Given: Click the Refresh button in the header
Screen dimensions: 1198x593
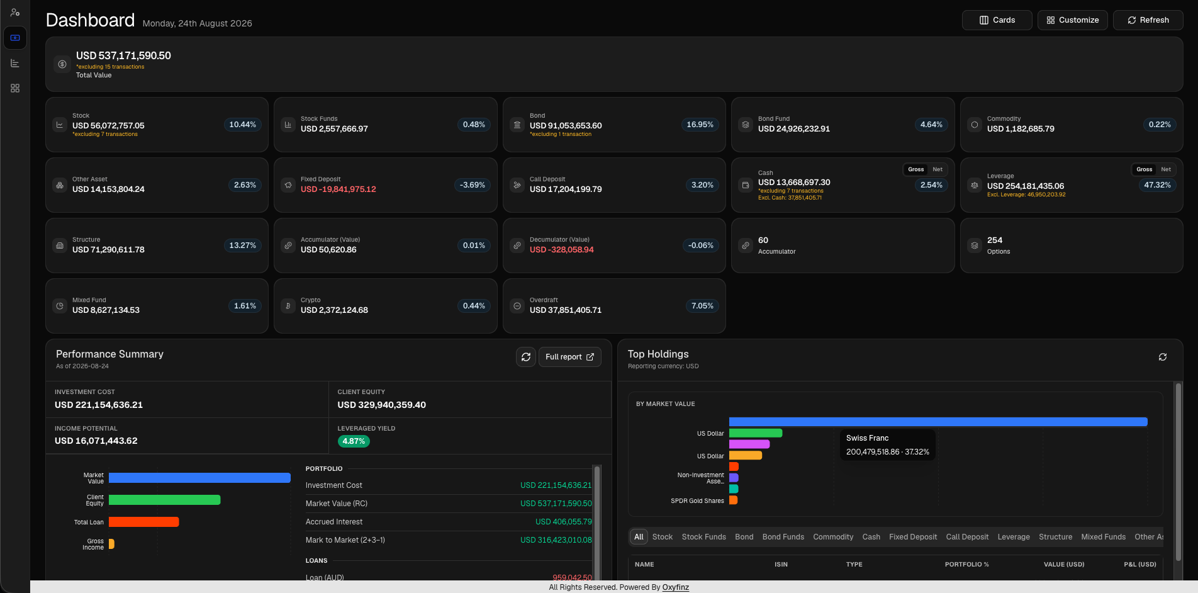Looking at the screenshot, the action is [x=1148, y=20].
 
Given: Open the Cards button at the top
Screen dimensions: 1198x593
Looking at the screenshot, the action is [x=997, y=20].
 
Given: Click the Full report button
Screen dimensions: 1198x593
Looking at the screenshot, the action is [x=569, y=357].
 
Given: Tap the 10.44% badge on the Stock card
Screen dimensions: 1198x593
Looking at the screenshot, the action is [x=242, y=125].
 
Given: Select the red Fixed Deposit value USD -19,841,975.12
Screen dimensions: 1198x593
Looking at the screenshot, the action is [x=339, y=189].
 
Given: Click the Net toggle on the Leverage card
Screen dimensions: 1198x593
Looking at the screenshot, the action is [x=1166, y=169].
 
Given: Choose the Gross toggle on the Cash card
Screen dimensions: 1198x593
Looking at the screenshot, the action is [x=916, y=169].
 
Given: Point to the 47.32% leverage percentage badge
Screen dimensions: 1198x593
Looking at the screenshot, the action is [x=1157, y=185].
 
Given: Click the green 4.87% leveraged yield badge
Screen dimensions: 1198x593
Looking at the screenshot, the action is [x=354, y=441].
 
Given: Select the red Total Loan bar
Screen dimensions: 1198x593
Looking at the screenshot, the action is [x=143, y=522].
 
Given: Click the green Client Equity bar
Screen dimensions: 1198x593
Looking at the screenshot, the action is [x=164, y=500].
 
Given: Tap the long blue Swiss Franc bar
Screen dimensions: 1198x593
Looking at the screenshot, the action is [x=938, y=422].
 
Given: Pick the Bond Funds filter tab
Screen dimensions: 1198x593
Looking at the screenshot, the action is [x=783, y=537].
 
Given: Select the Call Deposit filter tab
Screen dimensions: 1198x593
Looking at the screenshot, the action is [x=967, y=537].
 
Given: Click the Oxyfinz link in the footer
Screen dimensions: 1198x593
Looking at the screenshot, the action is [x=676, y=587].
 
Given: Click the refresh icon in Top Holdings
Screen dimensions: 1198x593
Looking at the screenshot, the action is [x=1163, y=357].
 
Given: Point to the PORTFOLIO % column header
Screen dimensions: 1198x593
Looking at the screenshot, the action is [x=966, y=565].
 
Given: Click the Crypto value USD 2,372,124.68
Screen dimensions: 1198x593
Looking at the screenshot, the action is [x=334, y=310].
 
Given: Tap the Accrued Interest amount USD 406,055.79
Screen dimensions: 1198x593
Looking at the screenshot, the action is [x=563, y=522].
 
